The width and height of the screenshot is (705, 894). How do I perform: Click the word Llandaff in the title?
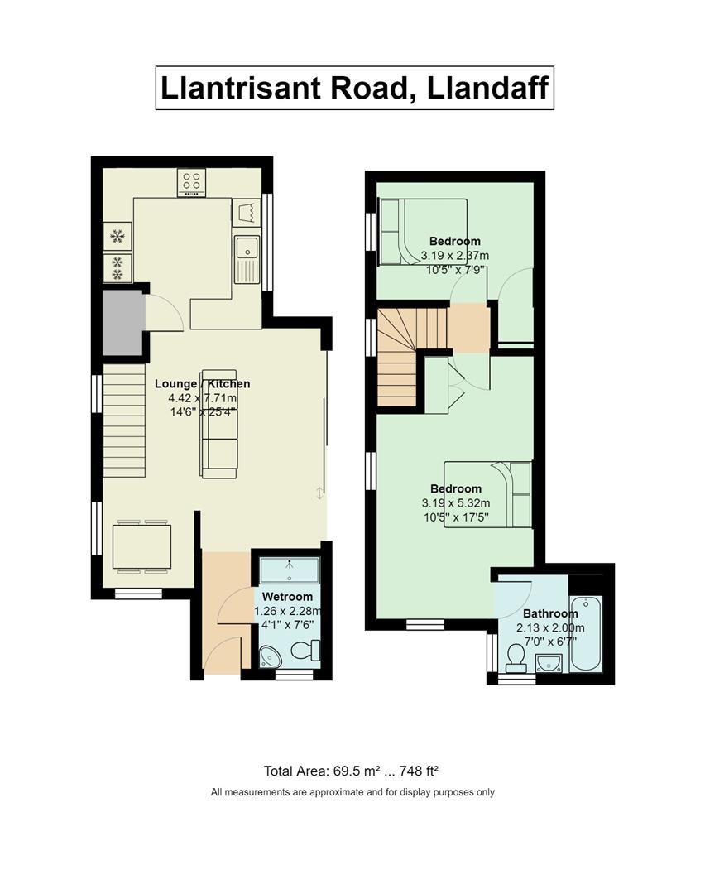pos(487,89)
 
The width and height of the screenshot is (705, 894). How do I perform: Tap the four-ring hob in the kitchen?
pos(191,182)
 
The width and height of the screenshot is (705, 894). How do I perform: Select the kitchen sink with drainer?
pos(247,259)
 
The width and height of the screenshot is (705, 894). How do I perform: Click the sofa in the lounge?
pos(218,424)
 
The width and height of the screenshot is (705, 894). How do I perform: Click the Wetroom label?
pos(287,596)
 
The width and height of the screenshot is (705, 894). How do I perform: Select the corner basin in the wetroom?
pos(269,656)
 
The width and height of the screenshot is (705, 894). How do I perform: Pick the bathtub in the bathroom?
pos(586,633)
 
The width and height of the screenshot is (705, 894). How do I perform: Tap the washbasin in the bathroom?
pos(549,663)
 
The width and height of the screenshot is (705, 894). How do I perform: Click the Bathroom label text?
pos(550,613)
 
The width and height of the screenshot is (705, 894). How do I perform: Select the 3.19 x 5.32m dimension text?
pos(456,503)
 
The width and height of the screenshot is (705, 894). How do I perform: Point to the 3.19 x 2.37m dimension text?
pos(455,256)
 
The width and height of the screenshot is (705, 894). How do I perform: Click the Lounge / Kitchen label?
pos(203,384)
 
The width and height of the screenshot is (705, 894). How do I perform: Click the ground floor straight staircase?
pos(123,421)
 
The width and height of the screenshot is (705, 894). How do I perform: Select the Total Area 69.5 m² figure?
pos(351,771)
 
